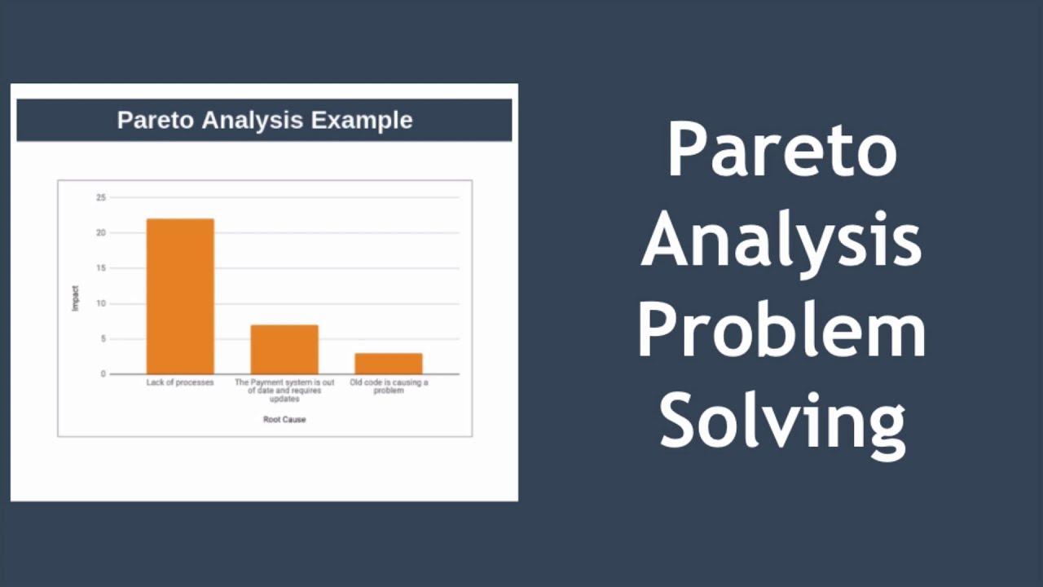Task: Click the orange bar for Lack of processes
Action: tap(180, 296)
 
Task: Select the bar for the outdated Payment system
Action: tap(284, 350)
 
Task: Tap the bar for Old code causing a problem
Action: tap(389, 364)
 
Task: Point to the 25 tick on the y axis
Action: tap(101, 197)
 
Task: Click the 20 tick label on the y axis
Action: tap(101, 233)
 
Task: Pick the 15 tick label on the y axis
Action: tap(101, 268)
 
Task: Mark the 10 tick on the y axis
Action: tap(101, 304)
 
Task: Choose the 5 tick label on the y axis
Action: tap(103, 338)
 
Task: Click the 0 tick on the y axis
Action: tap(103, 374)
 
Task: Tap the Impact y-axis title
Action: tap(76, 298)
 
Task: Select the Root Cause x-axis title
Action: tap(284, 419)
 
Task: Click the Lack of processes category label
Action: tap(180, 382)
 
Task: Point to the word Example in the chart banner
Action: tap(362, 121)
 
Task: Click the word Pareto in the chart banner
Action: tap(156, 120)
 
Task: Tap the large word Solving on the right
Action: tap(783, 426)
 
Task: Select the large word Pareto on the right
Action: tap(782, 151)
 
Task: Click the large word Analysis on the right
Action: tap(781, 243)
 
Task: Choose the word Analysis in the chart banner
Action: tap(253, 121)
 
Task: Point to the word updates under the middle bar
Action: tap(284, 399)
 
